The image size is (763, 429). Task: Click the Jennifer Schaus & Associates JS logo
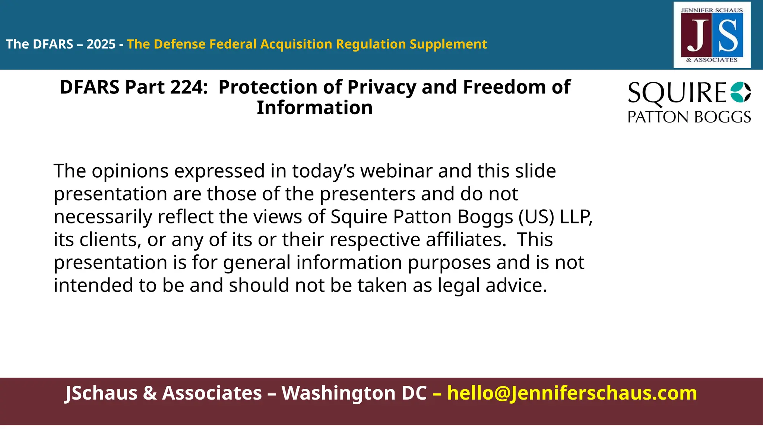point(712,35)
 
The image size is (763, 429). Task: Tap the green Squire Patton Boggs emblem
point(740,92)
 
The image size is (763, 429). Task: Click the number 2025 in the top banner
point(101,44)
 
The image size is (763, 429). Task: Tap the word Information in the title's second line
point(314,108)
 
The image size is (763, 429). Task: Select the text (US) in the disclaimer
point(536,217)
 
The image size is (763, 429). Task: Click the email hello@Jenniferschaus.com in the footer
point(572,393)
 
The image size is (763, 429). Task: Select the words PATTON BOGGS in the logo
point(689,117)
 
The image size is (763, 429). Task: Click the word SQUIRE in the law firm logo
point(677,93)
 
